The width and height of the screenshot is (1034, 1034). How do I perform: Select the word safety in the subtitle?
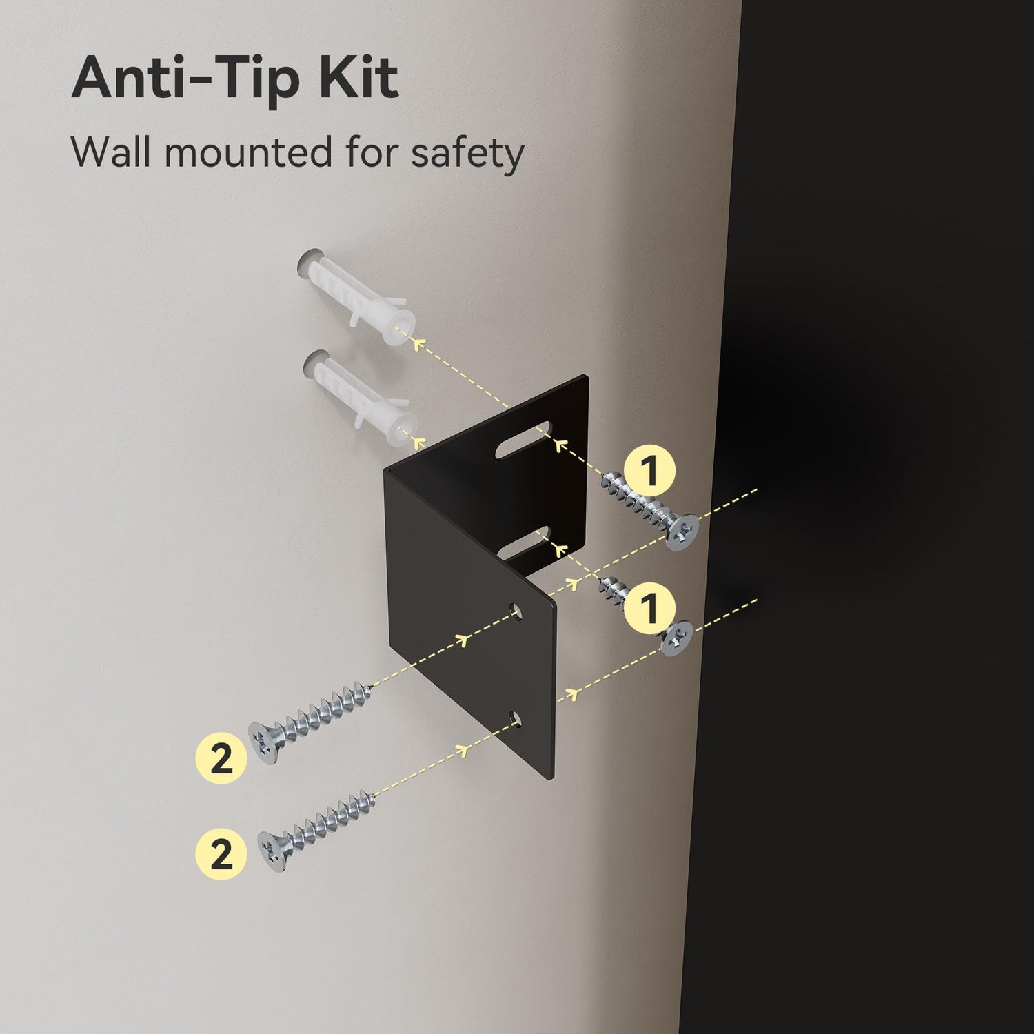[467, 154]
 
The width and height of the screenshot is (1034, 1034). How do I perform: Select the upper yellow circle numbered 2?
[221, 759]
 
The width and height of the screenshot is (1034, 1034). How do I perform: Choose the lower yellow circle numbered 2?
[221, 854]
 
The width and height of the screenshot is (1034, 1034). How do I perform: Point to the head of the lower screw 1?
[678, 638]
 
